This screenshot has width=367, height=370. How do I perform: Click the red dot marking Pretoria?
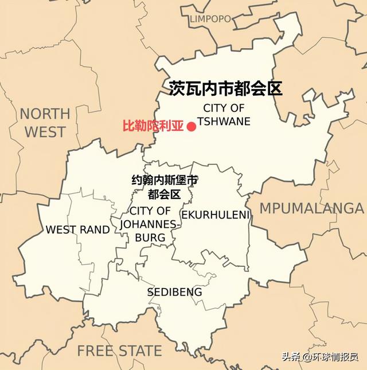click(192, 126)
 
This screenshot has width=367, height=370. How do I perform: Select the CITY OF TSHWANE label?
click(224, 114)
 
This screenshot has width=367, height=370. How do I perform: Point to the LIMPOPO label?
click(210, 20)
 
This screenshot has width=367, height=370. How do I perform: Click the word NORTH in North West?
click(45, 114)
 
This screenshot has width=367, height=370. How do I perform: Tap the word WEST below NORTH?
click(45, 132)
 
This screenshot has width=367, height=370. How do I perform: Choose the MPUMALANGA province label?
click(313, 208)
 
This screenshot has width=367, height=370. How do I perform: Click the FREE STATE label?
click(119, 350)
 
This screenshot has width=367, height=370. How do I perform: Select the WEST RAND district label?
click(77, 229)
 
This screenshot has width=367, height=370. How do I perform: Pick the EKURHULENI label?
click(216, 215)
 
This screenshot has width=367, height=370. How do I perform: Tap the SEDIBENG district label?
click(174, 292)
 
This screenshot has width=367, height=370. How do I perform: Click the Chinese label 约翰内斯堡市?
click(165, 180)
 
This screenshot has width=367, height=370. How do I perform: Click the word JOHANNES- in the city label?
click(150, 224)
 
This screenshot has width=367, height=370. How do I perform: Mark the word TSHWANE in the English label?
click(224, 121)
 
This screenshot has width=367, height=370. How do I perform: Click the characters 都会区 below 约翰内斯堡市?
click(165, 194)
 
